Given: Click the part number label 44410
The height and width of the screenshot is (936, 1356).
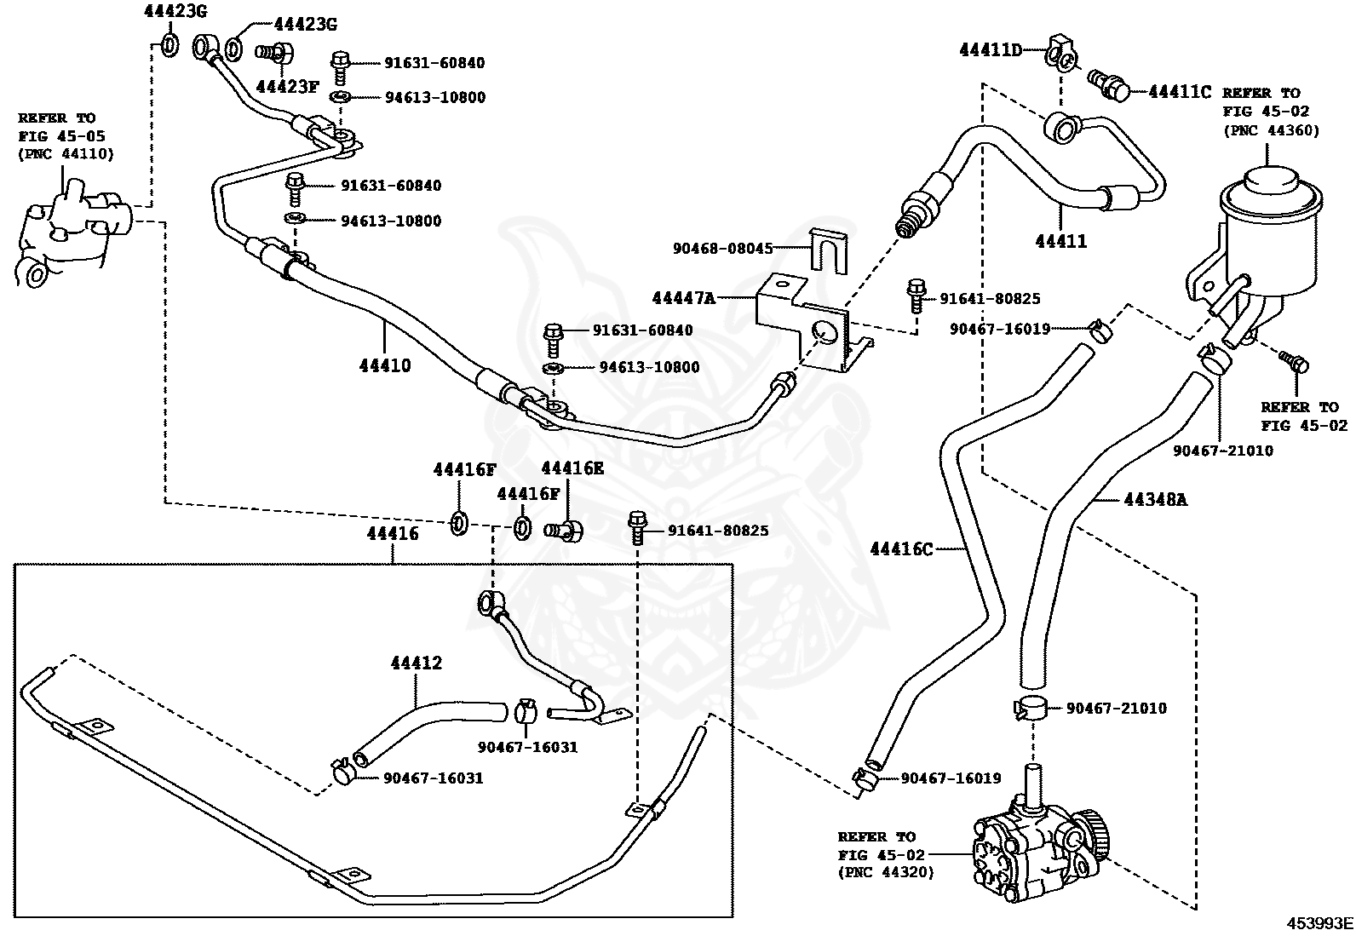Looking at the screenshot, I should point(385,365).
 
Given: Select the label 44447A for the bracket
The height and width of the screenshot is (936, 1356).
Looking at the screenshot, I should point(682,298).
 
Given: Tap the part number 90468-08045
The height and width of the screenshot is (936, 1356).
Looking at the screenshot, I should point(722,249).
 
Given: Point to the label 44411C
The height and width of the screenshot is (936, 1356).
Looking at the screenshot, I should point(1179,91).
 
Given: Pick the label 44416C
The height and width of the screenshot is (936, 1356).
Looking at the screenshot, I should point(901,549).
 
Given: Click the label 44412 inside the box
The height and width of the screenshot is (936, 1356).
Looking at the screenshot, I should point(417,663).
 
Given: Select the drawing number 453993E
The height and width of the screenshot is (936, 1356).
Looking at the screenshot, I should point(1319,923).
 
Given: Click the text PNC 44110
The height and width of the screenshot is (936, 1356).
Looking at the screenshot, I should point(66,154).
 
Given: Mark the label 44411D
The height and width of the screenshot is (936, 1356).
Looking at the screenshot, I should point(990,50).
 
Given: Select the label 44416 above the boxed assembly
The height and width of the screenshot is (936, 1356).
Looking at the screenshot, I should point(393,534).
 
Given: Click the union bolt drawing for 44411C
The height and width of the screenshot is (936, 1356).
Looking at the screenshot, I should point(1110,83).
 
